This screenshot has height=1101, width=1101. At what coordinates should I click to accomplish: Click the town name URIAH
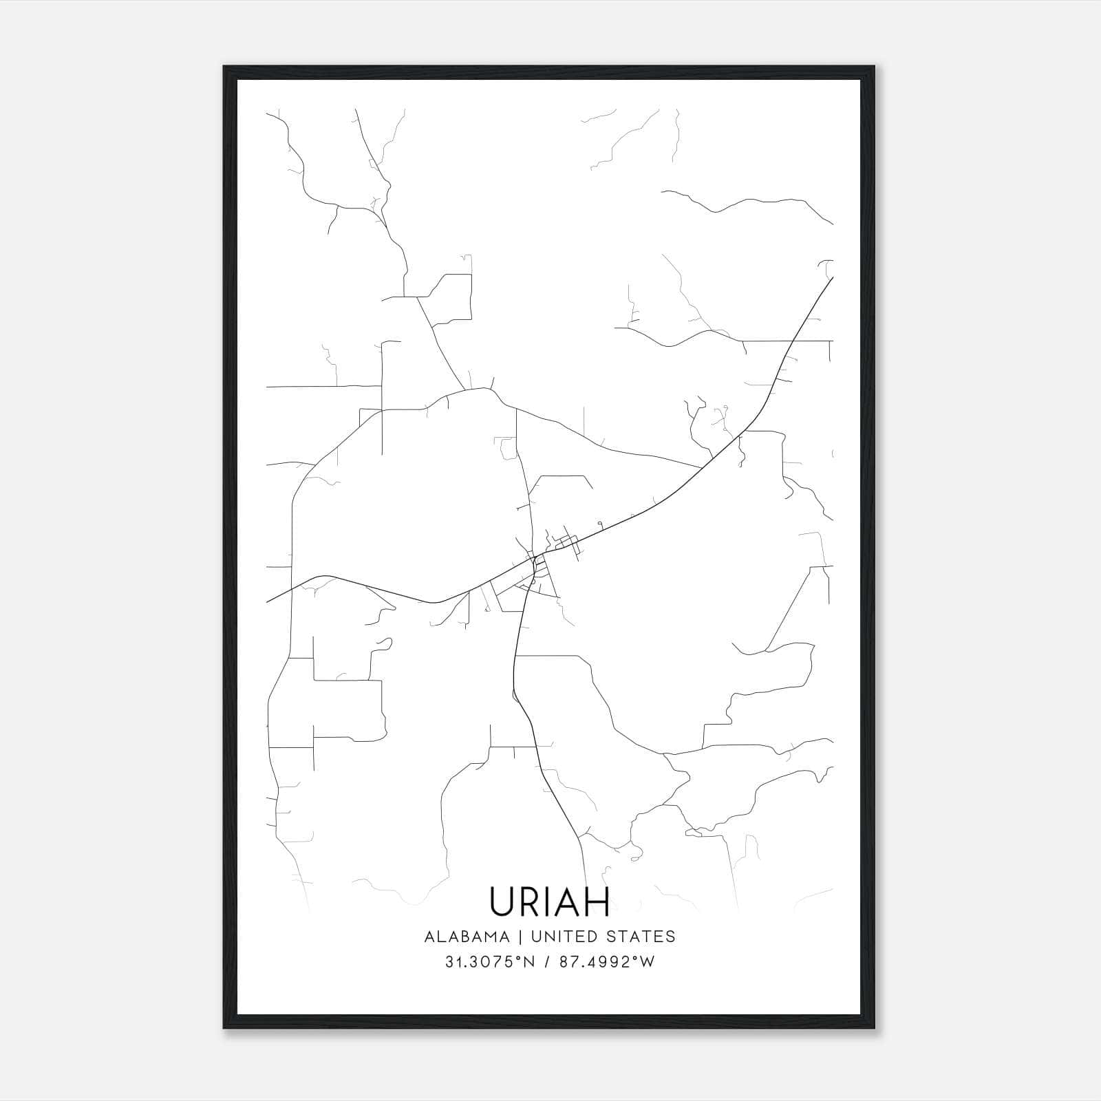pyautogui.click(x=550, y=901)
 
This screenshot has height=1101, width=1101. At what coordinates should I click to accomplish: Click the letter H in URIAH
pyautogui.click(x=597, y=901)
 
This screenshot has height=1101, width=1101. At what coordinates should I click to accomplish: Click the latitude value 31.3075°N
pyautogui.click(x=489, y=962)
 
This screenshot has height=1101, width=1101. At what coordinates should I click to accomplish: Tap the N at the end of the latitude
pyautogui.click(x=529, y=962)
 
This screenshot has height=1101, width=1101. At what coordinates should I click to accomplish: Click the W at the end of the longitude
pyautogui.click(x=648, y=962)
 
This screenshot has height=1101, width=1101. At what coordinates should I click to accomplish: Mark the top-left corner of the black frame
pyautogui.click(x=224, y=67)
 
